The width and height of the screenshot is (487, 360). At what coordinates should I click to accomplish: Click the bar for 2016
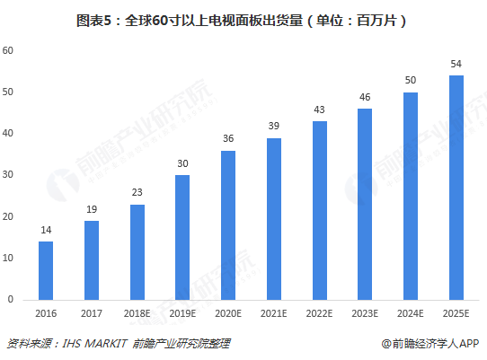point(46,270)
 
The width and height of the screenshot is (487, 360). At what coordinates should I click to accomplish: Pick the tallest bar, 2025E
point(456,187)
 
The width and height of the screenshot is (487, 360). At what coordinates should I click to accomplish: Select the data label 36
point(228,139)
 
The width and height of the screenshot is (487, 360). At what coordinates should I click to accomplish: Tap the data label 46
point(365,98)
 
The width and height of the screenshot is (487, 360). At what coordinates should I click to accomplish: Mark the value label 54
point(456,64)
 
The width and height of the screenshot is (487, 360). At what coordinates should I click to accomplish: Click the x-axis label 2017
point(92,313)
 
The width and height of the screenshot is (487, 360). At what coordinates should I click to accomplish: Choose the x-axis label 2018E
point(137,313)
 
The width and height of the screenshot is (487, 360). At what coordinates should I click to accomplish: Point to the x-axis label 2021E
point(274,313)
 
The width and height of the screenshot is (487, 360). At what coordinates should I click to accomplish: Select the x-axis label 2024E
point(411,313)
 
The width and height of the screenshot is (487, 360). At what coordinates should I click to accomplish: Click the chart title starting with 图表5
point(243,17)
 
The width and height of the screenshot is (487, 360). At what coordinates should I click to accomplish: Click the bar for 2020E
point(228,224)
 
